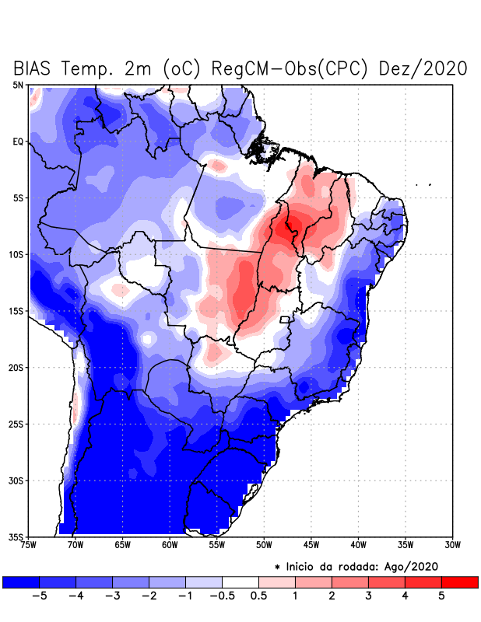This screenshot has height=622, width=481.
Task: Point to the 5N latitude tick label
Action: coord(18,85)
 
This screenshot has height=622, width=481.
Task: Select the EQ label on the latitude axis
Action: coord(18,142)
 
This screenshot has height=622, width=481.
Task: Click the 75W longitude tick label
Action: coord(29,545)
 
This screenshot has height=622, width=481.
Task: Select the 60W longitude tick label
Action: coord(170,545)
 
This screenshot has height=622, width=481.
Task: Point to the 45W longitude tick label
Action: coord(311,545)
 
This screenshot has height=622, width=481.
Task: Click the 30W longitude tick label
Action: coord(452,545)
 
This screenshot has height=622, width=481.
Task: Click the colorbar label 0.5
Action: coord(259,596)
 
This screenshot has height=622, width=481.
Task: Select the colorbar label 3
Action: coord(368,596)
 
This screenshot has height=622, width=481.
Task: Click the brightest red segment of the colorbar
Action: coord(459,582)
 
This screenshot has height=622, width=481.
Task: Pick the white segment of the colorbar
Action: coord(240,582)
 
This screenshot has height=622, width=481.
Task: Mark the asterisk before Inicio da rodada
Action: coord(278,567)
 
